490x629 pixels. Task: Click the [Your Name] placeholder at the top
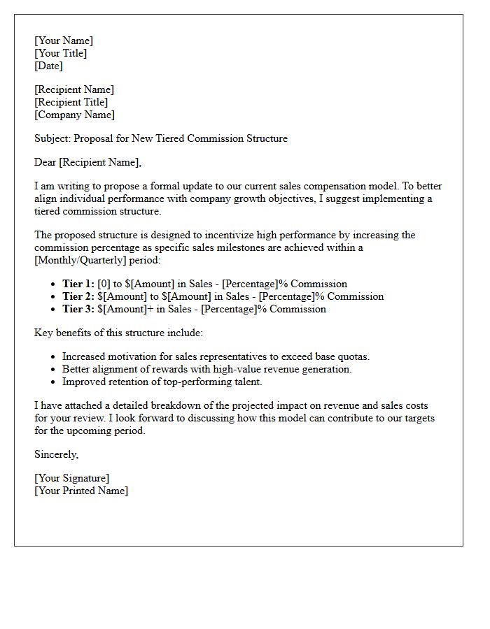point(64,41)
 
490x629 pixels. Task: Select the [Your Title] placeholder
point(61,53)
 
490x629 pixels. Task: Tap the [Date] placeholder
point(48,66)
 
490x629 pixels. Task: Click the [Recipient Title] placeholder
point(71,102)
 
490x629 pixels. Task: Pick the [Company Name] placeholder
point(75,115)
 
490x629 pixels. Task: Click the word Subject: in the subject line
point(52,138)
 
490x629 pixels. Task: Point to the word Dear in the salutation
point(45,162)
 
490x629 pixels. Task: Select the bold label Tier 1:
point(78,284)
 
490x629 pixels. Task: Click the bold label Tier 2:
point(78,296)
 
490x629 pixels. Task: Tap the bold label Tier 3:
point(78,309)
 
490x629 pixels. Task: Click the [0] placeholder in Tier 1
point(104,284)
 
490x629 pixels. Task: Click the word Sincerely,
point(57,454)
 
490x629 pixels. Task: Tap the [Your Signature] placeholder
point(72,478)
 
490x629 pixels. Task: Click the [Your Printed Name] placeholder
point(81,491)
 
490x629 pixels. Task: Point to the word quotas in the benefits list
point(354,356)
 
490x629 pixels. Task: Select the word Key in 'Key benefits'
point(43,333)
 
